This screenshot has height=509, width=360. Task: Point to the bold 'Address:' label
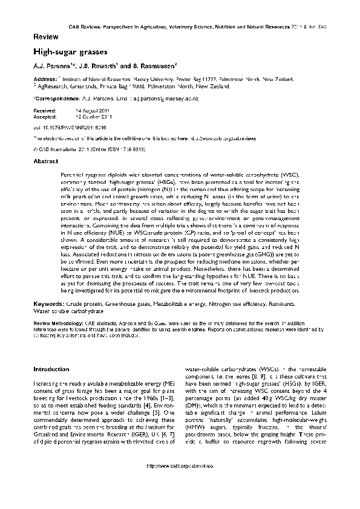(45, 79)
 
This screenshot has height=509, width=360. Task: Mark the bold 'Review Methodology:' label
(55, 323)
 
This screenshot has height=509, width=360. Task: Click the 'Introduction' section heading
(51, 369)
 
